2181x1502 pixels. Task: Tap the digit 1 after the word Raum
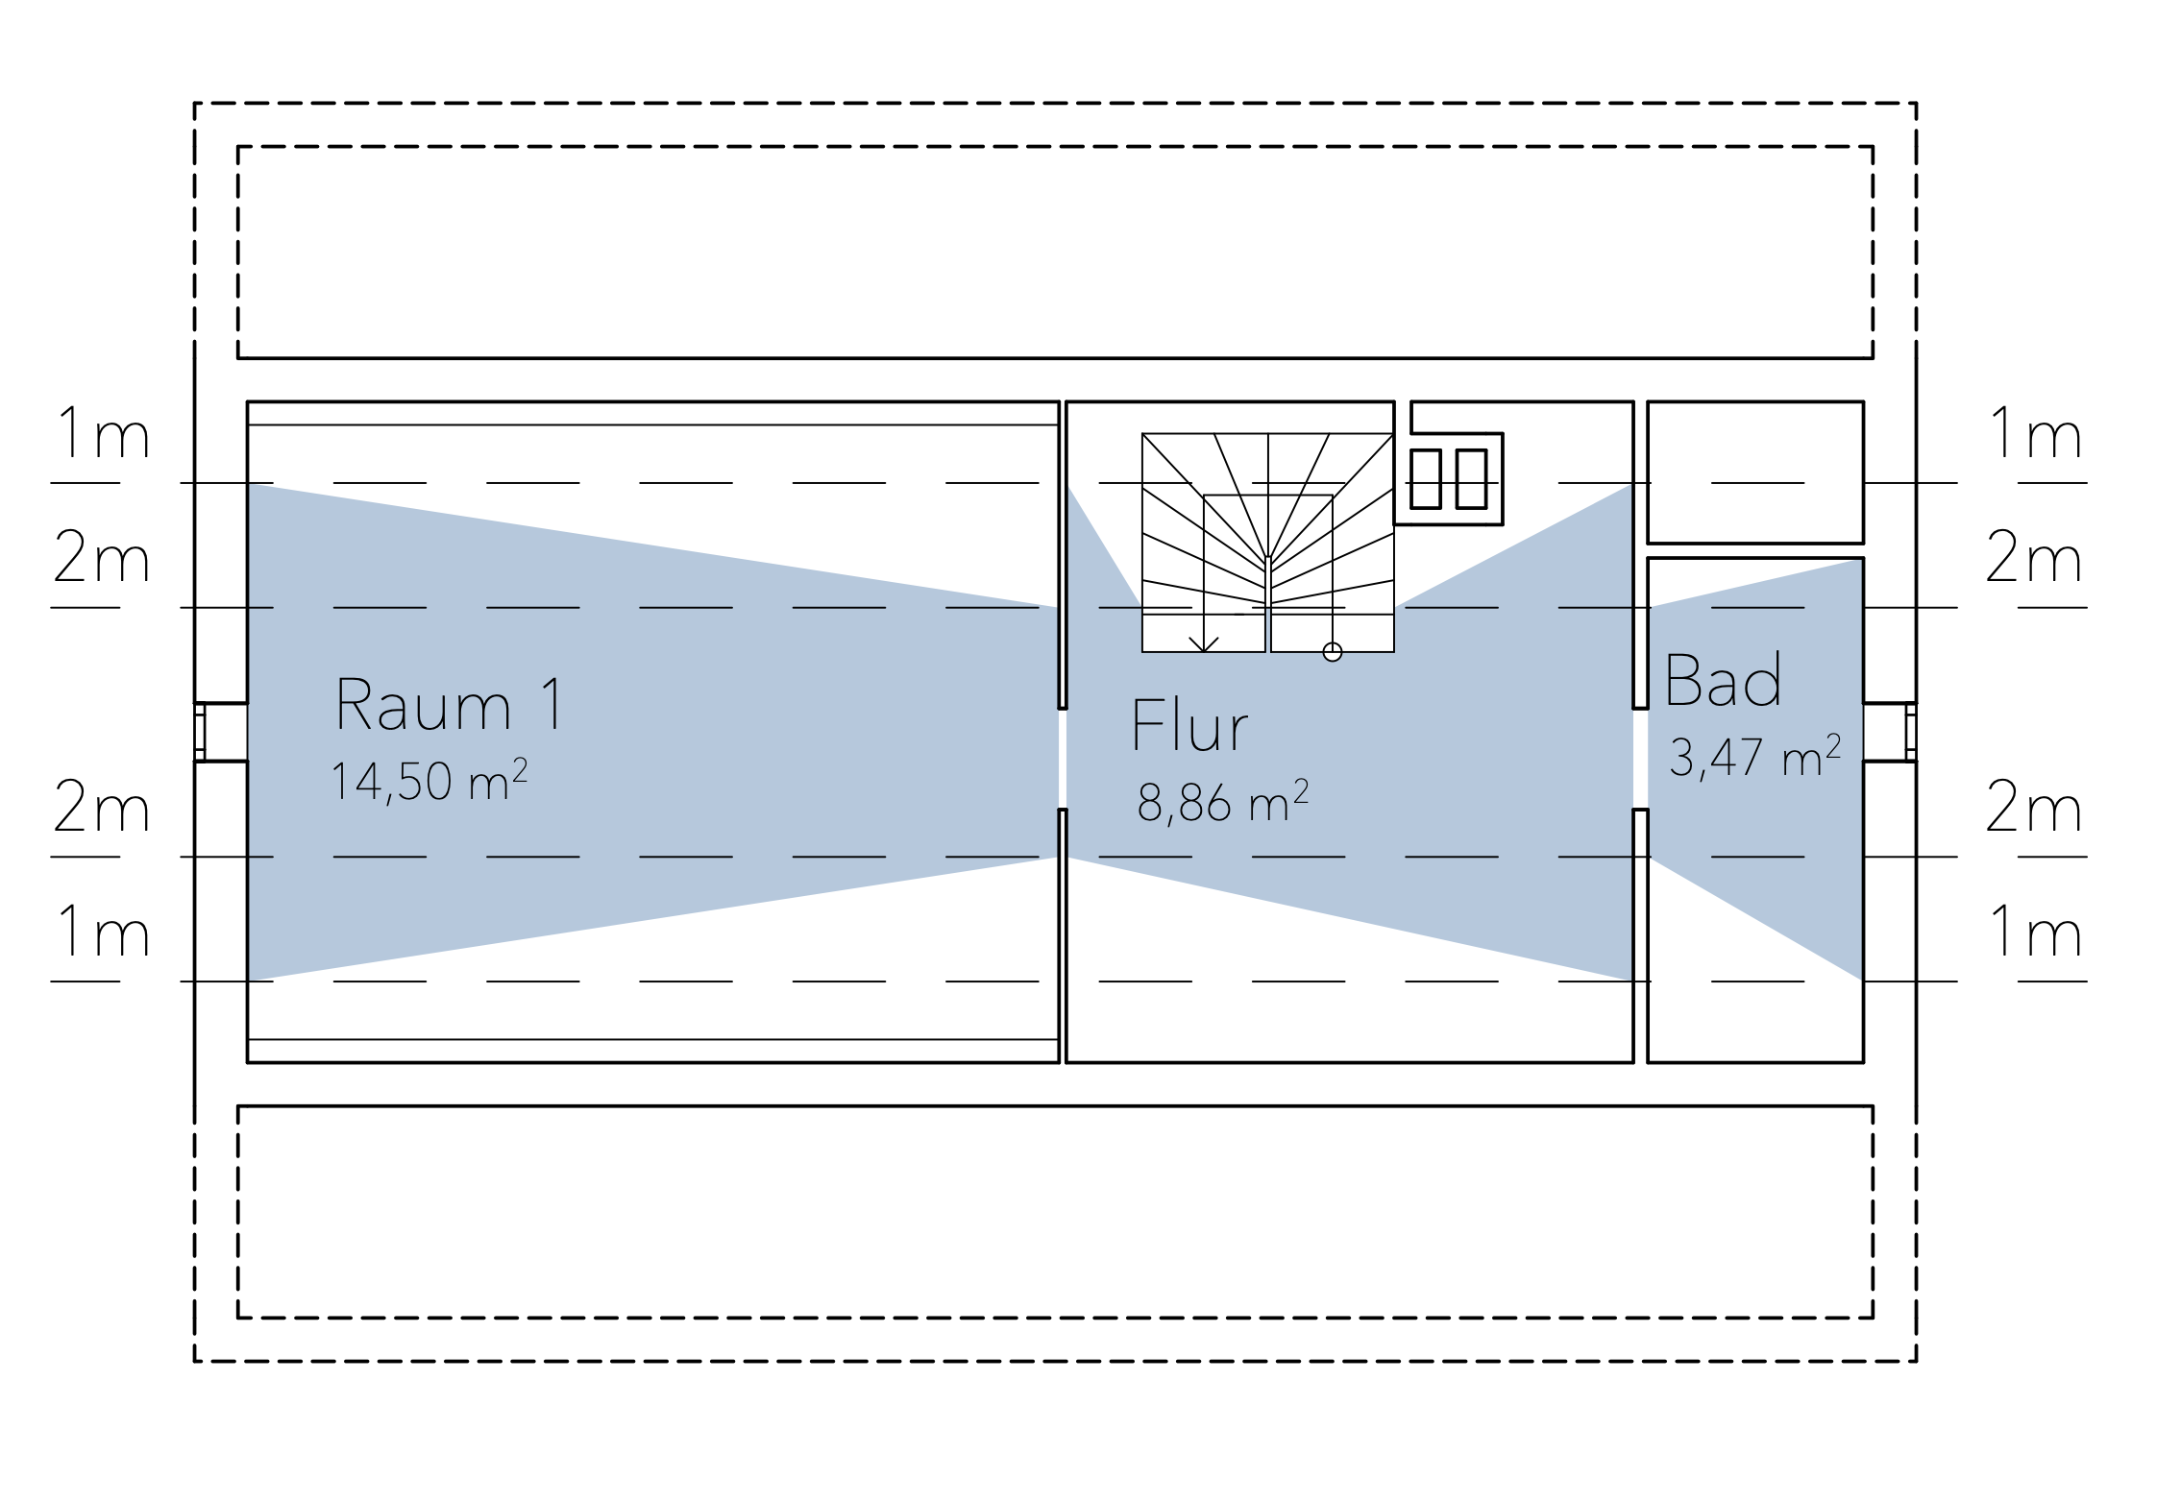point(552,704)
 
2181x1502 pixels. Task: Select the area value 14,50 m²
point(429,781)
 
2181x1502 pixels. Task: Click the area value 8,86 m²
point(1223,803)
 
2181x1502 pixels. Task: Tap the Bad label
point(1724,679)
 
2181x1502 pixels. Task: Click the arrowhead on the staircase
point(1204,644)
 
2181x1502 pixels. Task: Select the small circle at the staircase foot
point(1333,652)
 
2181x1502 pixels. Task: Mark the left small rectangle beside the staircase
point(1426,479)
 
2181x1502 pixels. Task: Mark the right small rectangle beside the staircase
point(1472,479)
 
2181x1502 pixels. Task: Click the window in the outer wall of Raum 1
point(200,732)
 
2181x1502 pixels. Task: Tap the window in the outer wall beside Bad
point(1911,732)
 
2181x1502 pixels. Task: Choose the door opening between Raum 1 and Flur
point(1063,759)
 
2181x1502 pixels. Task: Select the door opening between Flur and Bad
point(1641,759)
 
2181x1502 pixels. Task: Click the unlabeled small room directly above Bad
point(1756,472)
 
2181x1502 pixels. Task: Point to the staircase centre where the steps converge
point(1268,559)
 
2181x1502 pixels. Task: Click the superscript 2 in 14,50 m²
point(520,768)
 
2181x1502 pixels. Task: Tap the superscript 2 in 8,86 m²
point(1301,790)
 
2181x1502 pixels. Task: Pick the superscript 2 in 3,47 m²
point(1833,745)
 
